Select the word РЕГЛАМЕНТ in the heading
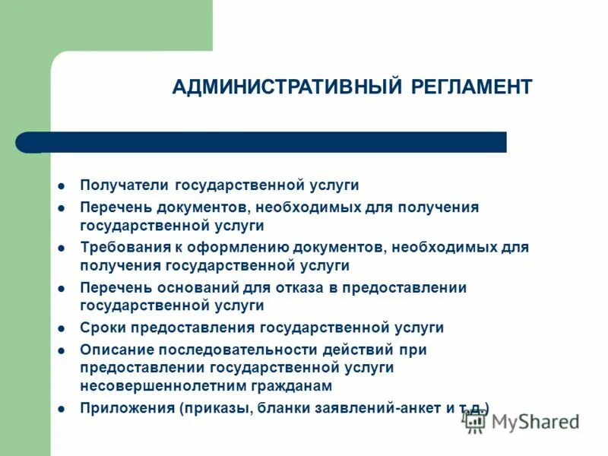point(472,87)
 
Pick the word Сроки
point(103,328)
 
